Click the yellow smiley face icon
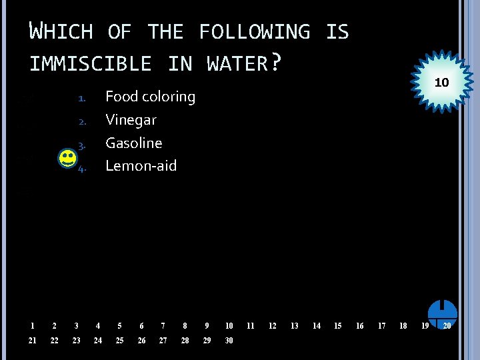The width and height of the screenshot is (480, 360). pyautogui.click(x=67, y=159)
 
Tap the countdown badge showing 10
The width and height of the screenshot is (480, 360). pyautogui.click(x=441, y=83)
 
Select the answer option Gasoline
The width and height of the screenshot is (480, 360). pyautogui.click(x=133, y=143)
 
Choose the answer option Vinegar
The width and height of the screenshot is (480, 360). pyautogui.click(x=131, y=120)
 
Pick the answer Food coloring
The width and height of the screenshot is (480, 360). pyautogui.click(x=150, y=97)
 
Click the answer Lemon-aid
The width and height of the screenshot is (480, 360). pyautogui.click(x=141, y=166)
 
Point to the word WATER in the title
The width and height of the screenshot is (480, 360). pyautogui.click(x=237, y=64)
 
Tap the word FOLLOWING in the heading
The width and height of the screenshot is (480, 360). pyautogui.click(x=254, y=32)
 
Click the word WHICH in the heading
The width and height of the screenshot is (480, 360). pyautogui.click(x=61, y=32)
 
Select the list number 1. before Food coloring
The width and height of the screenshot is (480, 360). pyautogui.click(x=81, y=99)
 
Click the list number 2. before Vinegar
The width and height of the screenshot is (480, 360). pyautogui.click(x=81, y=122)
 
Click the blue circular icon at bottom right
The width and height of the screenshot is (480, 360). pyautogui.click(x=442, y=313)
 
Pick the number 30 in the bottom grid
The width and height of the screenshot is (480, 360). pyautogui.click(x=229, y=341)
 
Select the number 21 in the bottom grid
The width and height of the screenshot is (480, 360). pyautogui.click(x=33, y=341)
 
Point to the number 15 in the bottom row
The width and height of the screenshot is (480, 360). pyautogui.click(x=337, y=326)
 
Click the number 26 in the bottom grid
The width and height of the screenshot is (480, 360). pyautogui.click(x=141, y=341)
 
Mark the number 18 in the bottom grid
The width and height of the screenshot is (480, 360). pyautogui.click(x=403, y=326)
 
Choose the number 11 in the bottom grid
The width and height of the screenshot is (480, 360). pyautogui.click(x=250, y=326)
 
